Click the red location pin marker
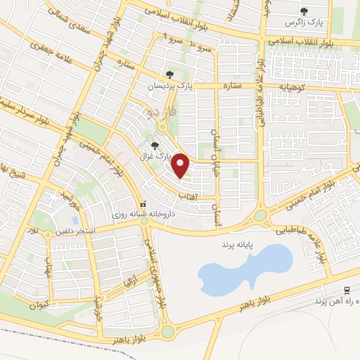(x=181, y=165)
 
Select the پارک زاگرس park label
(x=304, y=22)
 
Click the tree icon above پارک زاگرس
(x=304, y=11)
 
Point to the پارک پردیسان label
(x=169, y=85)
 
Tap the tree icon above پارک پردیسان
(x=169, y=74)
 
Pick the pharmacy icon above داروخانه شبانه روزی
(x=145, y=200)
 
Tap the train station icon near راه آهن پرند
(x=347, y=290)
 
